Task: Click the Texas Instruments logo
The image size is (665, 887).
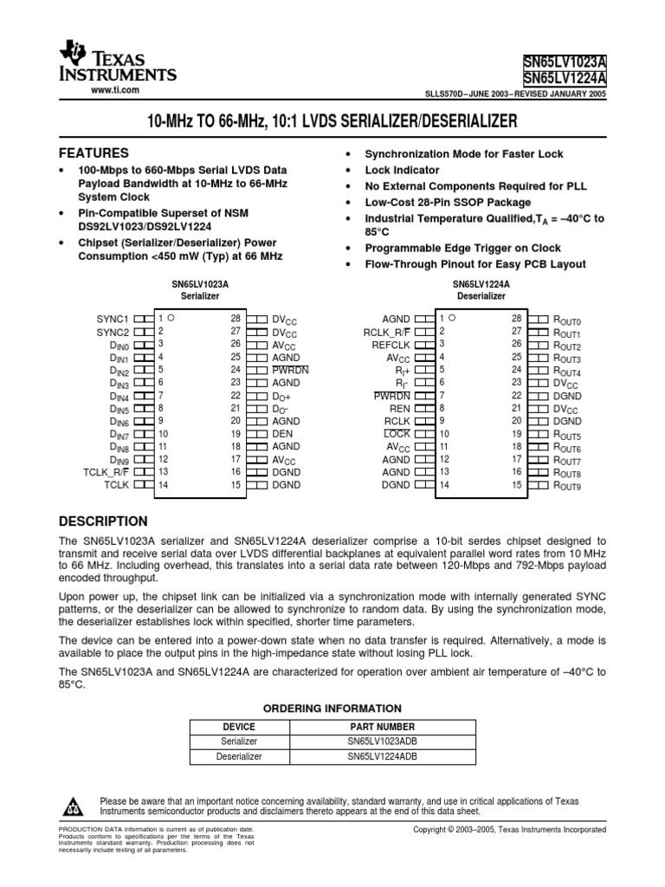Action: click(x=116, y=65)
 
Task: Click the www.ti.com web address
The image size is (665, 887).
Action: click(x=115, y=91)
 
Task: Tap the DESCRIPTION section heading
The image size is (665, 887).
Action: click(x=102, y=521)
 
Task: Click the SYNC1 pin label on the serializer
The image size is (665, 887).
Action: click(x=113, y=319)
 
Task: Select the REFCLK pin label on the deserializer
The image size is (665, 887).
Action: click(x=391, y=344)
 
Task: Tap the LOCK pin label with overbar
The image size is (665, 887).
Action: click(x=397, y=433)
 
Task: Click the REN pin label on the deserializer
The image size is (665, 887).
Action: click(x=401, y=407)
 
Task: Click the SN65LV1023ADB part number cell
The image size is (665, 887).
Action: click(x=382, y=741)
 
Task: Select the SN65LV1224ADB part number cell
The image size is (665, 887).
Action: click(x=382, y=757)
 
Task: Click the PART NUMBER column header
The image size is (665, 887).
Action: click(x=382, y=727)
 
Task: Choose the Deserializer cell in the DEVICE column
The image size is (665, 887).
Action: click(x=239, y=757)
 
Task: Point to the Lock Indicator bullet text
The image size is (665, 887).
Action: click(x=402, y=171)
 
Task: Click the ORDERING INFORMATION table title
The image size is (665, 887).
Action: click(x=332, y=709)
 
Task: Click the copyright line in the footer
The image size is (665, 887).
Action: click(x=511, y=830)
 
